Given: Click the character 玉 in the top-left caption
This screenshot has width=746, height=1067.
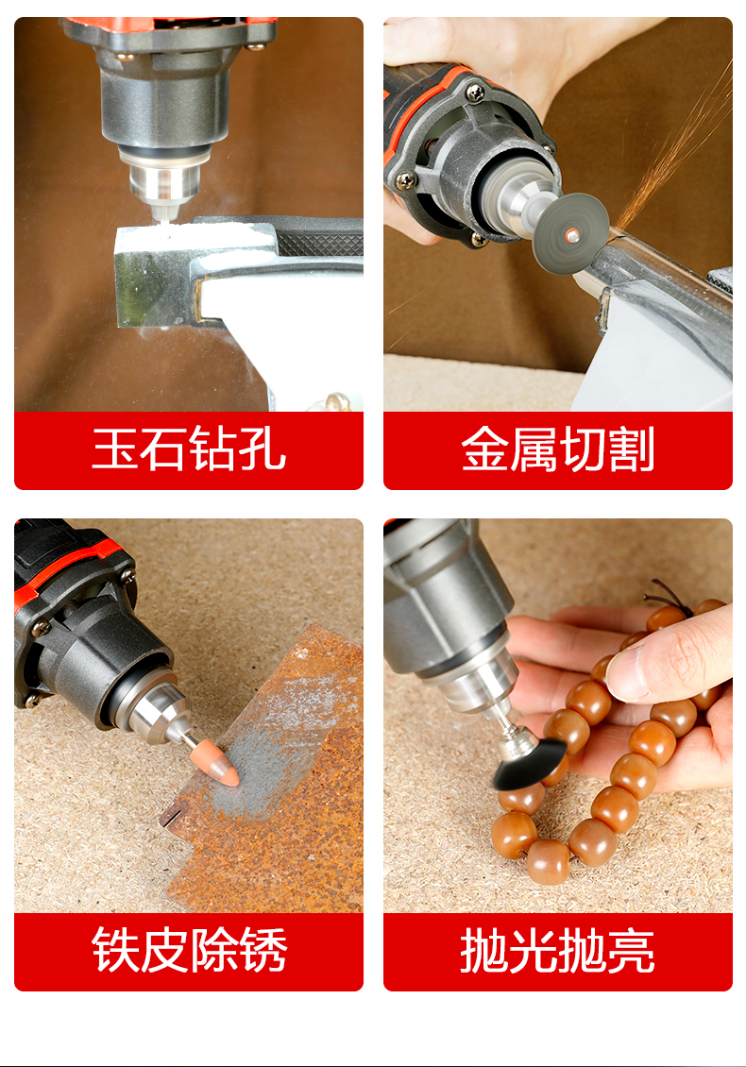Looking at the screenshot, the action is [x=115, y=448].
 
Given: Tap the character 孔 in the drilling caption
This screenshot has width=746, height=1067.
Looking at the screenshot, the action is [x=263, y=448].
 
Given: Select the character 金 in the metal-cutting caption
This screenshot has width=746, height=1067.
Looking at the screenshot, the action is [x=484, y=449].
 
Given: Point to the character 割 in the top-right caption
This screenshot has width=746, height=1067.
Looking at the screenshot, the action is [x=631, y=449].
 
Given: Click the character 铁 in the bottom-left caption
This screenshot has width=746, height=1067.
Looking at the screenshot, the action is [x=116, y=949].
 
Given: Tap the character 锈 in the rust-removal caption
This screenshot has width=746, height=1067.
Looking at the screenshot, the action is [x=263, y=949].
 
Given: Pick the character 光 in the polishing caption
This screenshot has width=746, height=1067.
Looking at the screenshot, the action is [x=534, y=950].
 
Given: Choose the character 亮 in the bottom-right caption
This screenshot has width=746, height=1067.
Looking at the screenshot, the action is [x=631, y=950].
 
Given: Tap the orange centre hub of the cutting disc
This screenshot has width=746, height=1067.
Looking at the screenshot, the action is [x=571, y=235].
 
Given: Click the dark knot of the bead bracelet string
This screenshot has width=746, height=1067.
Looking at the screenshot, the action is [x=664, y=595].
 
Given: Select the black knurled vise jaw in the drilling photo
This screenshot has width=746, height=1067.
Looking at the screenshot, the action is [x=320, y=243].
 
